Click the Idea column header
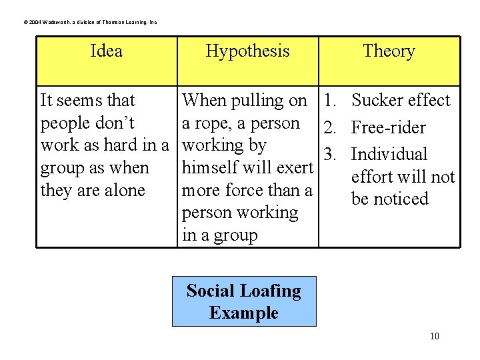click(x=106, y=51)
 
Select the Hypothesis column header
click(x=247, y=51)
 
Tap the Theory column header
click(x=389, y=51)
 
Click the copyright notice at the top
click(x=90, y=23)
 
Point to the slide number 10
click(x=434, y=336)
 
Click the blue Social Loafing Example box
click(x=244, y=301)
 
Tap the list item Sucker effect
click(x=401, y=101)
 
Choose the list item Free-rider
click(x=388, y=127)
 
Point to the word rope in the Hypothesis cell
click(x=209, y=124)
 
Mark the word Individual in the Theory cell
click(x=389, y=155)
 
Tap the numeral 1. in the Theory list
click(x=331, y=101)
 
